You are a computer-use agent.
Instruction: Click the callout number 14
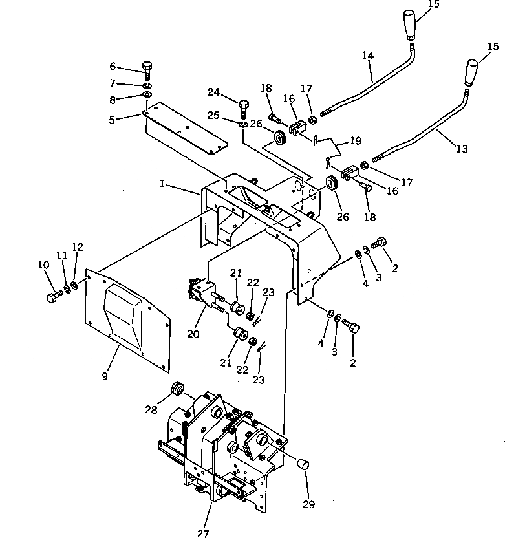coord(368,56)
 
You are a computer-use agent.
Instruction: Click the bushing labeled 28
coord(175,391)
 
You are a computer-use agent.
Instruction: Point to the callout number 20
coord(193,334)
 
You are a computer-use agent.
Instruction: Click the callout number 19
coord(356,140)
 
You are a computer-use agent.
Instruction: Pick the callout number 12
coord(78,247)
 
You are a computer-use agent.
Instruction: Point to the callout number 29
coord(308,504)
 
